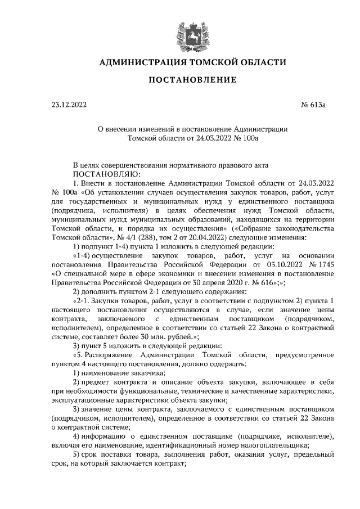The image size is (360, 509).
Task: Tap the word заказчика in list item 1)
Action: coord(147,373)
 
